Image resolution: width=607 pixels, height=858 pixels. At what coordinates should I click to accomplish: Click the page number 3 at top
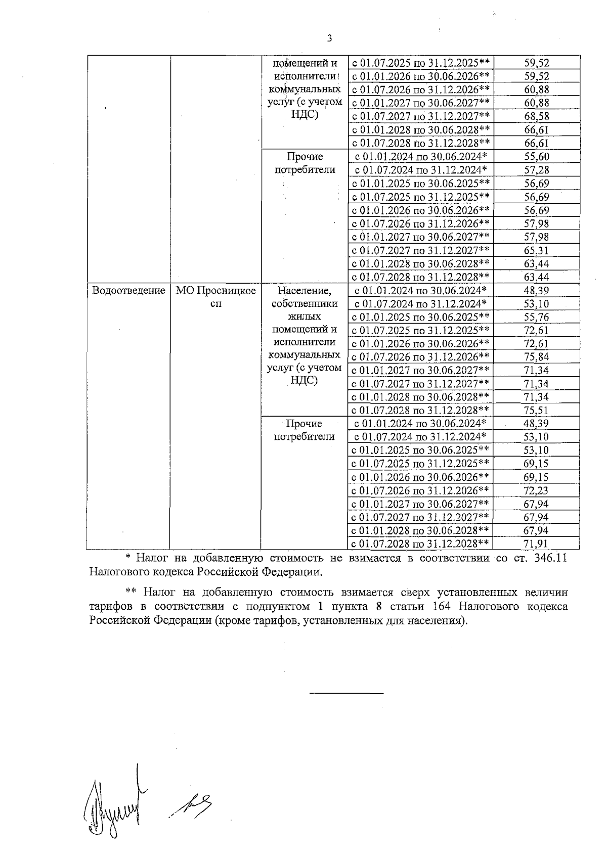pos(329,38)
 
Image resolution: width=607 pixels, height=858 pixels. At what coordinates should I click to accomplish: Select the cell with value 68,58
pos(537,116)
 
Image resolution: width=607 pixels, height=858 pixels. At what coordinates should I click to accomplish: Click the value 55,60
pos(537,157)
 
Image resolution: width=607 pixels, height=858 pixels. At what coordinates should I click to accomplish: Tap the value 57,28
pos(537,170)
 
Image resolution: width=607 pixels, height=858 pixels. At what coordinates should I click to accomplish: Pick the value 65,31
pos(537,250)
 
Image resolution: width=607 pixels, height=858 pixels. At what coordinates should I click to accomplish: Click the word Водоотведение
pos(128,291)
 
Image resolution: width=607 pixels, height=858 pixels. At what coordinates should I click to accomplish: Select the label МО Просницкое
pos(215,291)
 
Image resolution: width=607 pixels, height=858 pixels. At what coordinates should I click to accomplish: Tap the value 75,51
pos(537,411)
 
